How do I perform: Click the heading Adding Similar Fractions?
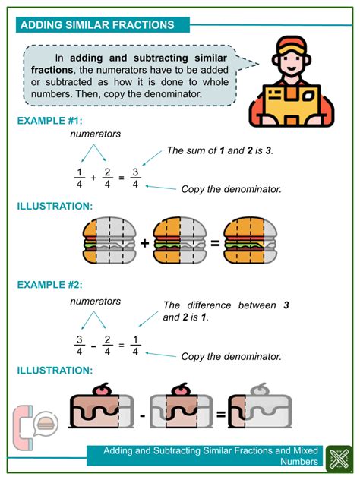click(x=97, y=25)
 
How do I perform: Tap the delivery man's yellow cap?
click(x=291, y=45)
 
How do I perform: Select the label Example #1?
click(x=50, y=121)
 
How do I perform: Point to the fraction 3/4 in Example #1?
click(x=135, y=178)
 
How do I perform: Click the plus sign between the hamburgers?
click(x=144, y=243)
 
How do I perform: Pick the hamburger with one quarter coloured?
click(x=109, y=241)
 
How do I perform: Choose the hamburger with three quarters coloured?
click(x=250, y=241)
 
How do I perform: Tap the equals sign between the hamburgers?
click(x=215, y=243)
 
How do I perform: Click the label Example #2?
click(x=50, y=285)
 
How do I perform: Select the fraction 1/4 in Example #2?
click(x=135, y=346)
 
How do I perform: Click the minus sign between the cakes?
click(x=142, y=415)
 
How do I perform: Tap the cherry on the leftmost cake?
click(x=101, y=390)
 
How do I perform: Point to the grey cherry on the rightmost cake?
click(x=260, y=390)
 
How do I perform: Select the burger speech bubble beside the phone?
click(x=46, y=424)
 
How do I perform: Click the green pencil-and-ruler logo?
click(x=339, y=459)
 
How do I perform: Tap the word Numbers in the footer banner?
click(x=299, y=461)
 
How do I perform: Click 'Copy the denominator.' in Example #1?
click(x=231, y=189)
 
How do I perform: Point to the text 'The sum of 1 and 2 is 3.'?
click(x=219, y=150)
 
